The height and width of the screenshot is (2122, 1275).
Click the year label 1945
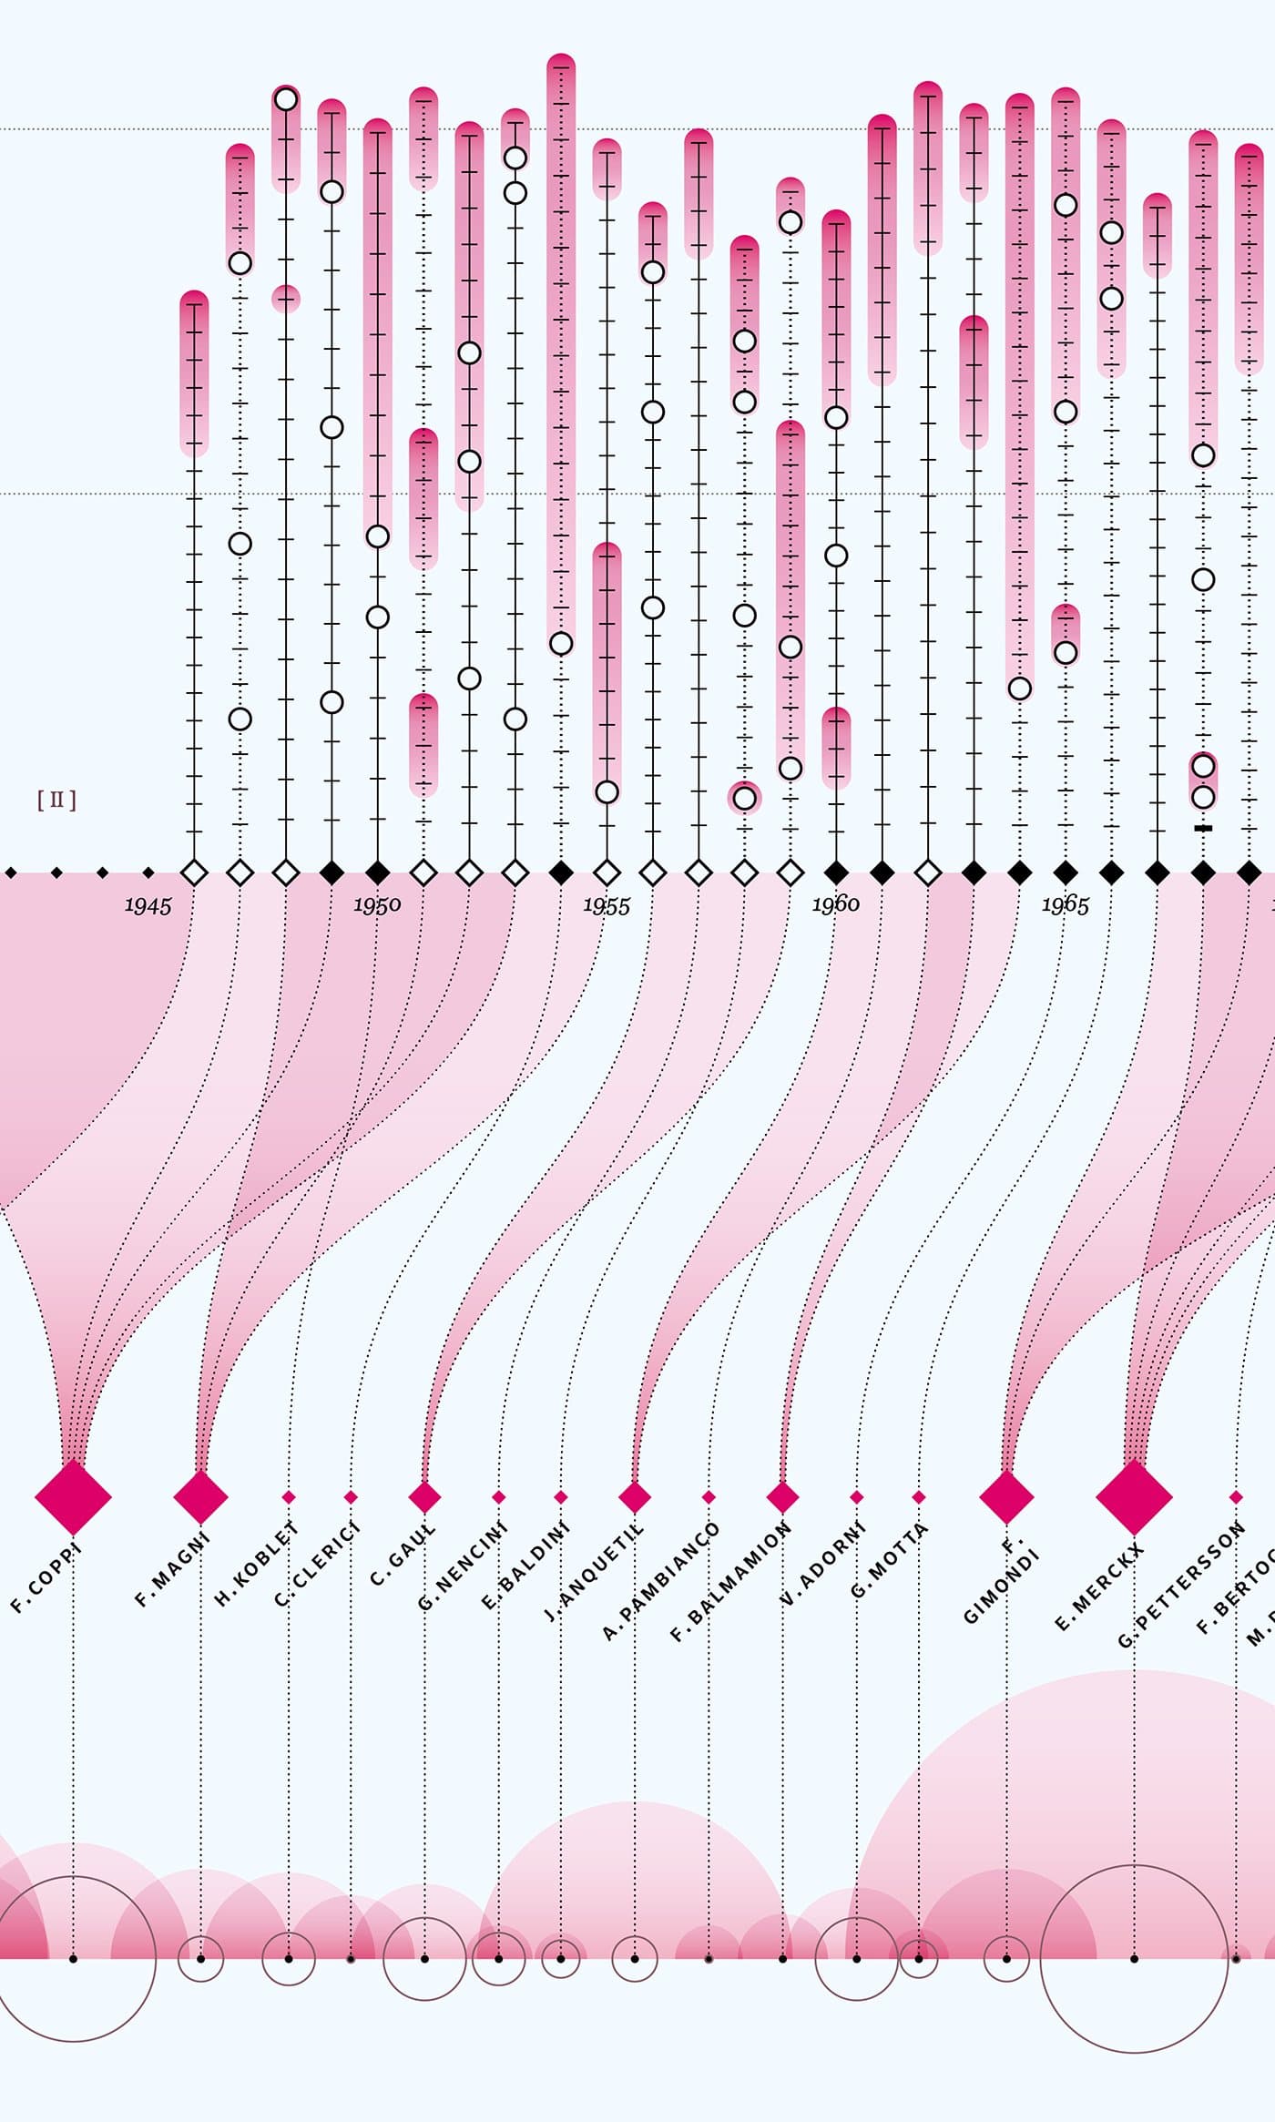148,905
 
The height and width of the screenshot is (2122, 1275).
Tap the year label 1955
606,905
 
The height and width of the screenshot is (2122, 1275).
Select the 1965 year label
1065,904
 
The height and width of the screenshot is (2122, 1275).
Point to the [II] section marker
56,801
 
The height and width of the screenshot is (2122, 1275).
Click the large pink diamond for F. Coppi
73,1496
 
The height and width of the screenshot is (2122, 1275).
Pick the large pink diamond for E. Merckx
1134,1496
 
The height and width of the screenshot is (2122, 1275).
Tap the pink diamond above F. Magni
200,1496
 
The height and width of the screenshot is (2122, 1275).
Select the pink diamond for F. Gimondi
1006,1496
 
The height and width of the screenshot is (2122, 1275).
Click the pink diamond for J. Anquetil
635,1496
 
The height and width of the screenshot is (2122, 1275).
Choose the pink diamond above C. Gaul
424,1496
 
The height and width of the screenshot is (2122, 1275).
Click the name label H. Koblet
256,1564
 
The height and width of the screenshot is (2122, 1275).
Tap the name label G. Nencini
462,1566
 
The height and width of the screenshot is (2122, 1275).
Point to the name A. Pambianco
660,1581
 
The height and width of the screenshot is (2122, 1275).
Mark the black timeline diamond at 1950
377,872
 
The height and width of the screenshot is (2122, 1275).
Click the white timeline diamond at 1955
607,872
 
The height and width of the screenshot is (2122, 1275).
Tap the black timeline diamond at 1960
836,872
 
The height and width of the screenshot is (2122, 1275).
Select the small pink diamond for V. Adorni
856,1497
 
